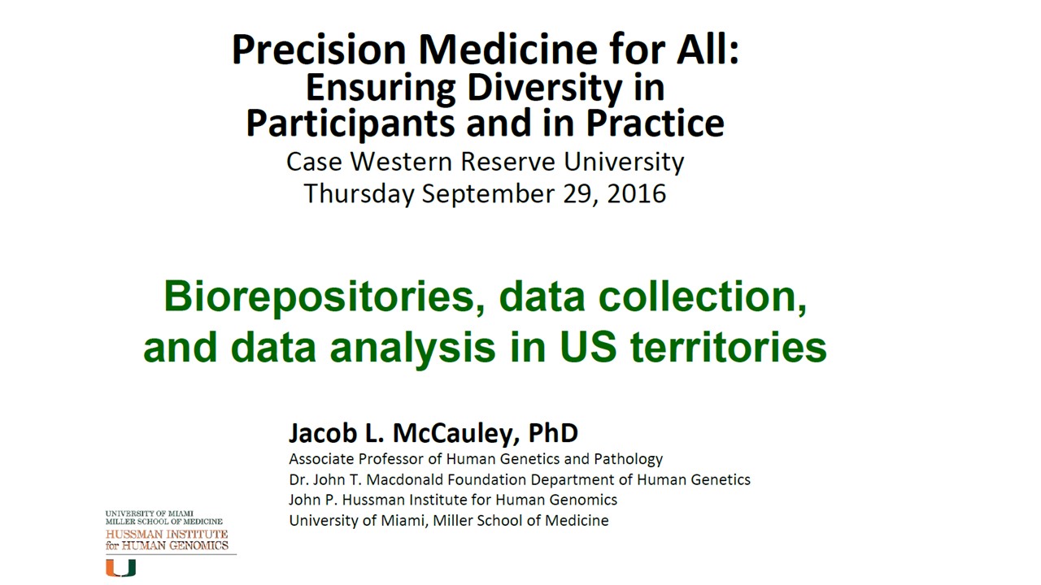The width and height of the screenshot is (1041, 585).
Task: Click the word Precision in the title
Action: [320, 50]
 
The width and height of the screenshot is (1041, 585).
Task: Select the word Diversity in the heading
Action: [545, 89]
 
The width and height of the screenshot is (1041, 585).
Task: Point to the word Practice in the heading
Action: [655, 123]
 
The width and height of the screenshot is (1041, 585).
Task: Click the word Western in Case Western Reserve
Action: [401, 162]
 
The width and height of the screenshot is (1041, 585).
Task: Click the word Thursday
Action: [359, 194]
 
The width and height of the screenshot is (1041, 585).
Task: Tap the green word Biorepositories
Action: [324, 297]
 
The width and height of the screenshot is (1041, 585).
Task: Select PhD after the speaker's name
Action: [553, 432]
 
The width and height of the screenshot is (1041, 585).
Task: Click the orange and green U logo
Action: [121, 567]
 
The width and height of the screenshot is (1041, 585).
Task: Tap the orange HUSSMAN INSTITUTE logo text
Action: [167, 534]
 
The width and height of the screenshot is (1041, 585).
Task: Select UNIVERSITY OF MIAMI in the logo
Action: [149, 513]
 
